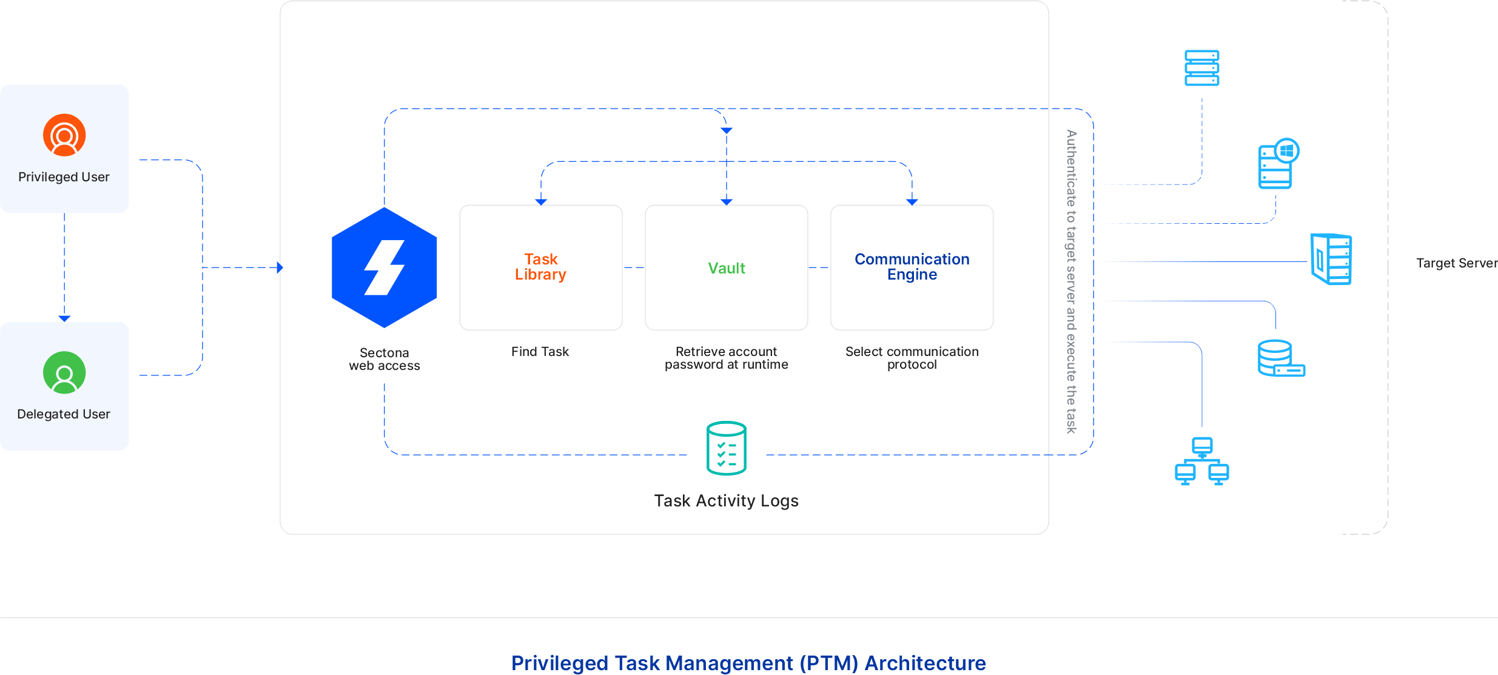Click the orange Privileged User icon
pos(64,135)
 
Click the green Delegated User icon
pos(64,372)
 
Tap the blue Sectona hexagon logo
pos(385,267)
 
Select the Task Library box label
pos(540,267)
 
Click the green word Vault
pos(726,268)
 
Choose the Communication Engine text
pos(912,267)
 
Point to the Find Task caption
pos(540,352)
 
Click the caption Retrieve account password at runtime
pos(726,358)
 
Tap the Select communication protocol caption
pos(912,358)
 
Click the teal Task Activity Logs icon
pos(726,449)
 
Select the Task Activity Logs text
pos(726,501)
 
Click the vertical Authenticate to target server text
pos(1072,282)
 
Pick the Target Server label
pos(1456,263)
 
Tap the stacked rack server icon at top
pos(1201,68)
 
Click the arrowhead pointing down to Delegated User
pos(64,318)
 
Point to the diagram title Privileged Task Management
pos(748,663)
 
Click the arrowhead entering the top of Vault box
pos(727,201)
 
